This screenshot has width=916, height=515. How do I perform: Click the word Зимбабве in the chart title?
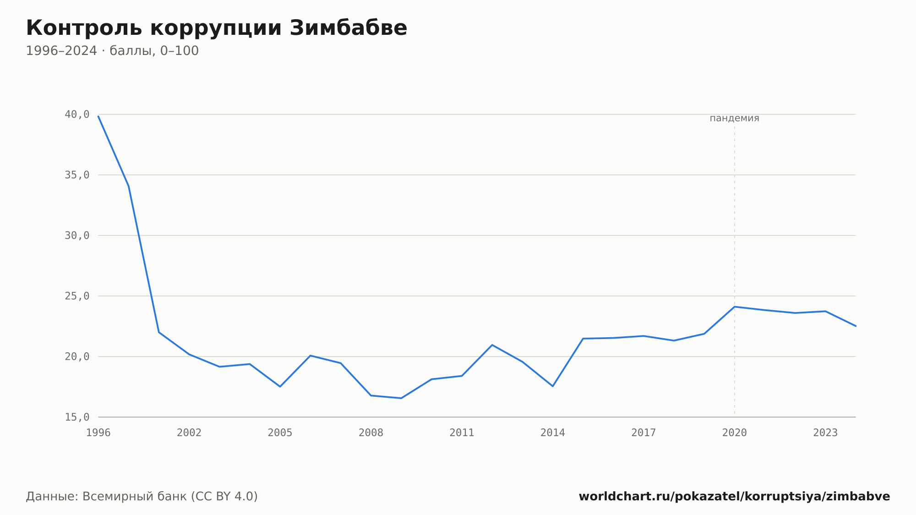tap(348, 28)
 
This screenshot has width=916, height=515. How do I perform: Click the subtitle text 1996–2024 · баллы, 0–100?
tap(112, 51)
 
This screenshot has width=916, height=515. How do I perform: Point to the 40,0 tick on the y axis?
tap(77, 115)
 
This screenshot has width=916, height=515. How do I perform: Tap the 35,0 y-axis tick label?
tap(77, 175)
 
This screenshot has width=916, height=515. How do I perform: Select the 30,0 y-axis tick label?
tap(77, 236)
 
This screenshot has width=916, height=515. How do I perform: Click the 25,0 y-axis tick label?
tap(77, 296)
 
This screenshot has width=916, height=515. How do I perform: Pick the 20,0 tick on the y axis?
tap(77, 356)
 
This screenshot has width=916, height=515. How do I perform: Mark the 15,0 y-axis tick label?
tap(77, 417)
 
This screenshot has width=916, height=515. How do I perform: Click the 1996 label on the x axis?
tap(98, 433)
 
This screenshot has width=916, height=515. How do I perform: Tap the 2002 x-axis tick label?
tap(189, 433)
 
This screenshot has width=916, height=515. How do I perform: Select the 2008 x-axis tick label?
tap(371, 433)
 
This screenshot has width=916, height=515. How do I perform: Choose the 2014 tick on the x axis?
tap(553, 433)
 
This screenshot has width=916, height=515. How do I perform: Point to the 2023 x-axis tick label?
tap(825, 433)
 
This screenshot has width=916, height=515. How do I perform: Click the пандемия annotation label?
tap(735, 118)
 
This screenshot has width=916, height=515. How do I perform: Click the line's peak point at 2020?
tap(735, 307)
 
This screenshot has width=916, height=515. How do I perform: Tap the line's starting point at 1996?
tap(98, 116)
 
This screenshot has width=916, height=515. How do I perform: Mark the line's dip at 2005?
tap(280, 387)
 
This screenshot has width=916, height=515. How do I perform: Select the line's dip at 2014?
tap(553, 386)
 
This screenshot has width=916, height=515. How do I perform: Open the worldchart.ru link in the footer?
tap(734, 497)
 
